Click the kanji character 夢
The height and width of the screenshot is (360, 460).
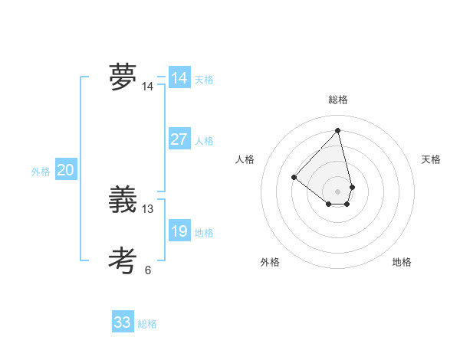tap(123, 77)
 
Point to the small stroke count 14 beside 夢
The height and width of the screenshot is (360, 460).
tap(147, 87)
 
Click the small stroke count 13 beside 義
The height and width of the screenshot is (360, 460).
tap(148, 208)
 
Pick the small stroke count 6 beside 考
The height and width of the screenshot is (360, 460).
tap(148, 270)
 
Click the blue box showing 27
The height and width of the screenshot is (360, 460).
tap(179, 139)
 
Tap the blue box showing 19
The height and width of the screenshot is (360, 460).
tap(179, 231)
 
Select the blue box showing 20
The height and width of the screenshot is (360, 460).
tap(65, 170)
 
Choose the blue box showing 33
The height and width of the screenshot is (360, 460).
tap(123, 322)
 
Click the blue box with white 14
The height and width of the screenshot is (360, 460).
tap(179, 78)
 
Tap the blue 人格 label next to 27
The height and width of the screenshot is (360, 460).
tap(204, 141)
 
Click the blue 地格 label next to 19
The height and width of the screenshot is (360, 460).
tap(204, 233)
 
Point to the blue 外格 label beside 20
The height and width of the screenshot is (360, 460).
tap(41, 172)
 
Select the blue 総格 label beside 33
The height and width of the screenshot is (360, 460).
tap(147, 324)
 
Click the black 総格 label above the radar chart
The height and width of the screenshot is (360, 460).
tap(338, 100)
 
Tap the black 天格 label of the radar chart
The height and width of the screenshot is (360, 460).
tap(431, 159)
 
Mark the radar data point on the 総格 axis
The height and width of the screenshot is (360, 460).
tap(338, 130)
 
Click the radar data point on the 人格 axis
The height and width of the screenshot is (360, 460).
tap(294, 178)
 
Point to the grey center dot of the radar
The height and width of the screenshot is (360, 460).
tap(338, 191)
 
